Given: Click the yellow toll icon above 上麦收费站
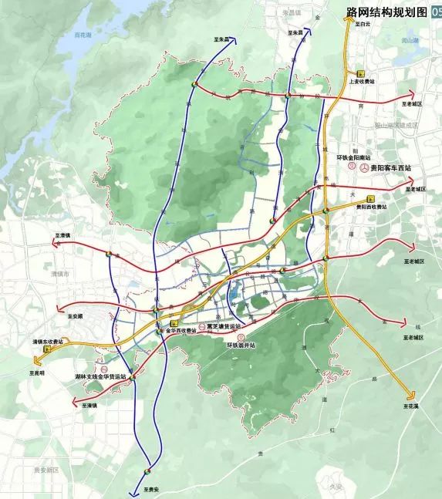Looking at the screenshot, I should [360, 72].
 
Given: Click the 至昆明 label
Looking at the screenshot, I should [38, 372].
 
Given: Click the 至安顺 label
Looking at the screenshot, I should [74, 316].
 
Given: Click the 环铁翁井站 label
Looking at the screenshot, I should [241, 346].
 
